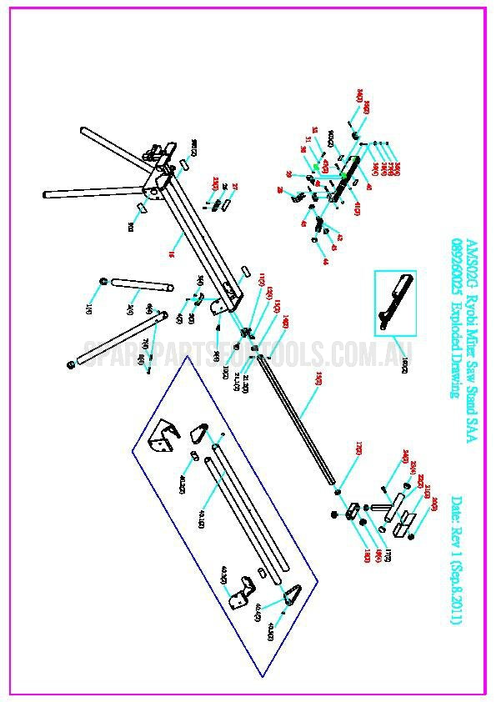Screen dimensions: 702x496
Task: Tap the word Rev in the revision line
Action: point(457,541)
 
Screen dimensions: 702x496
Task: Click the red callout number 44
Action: point(325,261)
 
